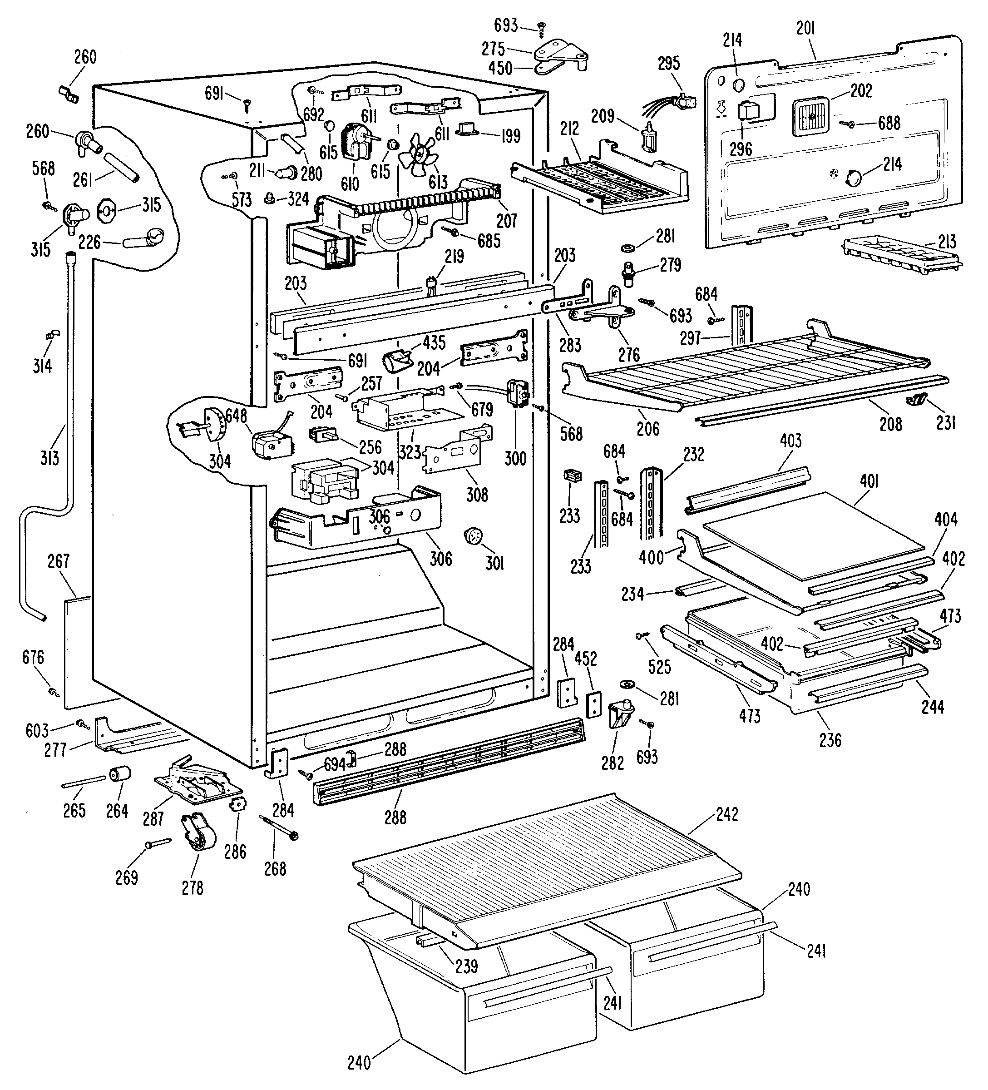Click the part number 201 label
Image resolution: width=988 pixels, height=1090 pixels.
click(805, 28)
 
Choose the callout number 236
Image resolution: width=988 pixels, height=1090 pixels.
click(830, 740)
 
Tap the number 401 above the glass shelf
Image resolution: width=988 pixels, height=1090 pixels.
click(869, 481)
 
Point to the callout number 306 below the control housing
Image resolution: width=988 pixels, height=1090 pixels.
click(440, 558)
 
